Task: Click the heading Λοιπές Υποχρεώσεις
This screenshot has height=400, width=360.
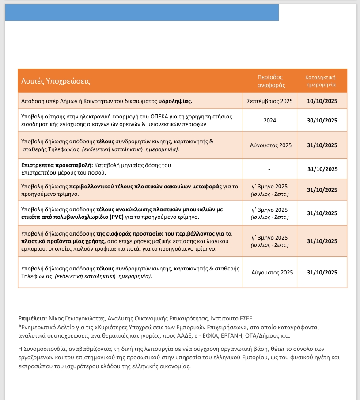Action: tap(56, 81)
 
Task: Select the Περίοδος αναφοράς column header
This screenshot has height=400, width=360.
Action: tap(270, 81)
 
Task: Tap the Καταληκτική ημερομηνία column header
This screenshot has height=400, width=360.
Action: tap(322, 80)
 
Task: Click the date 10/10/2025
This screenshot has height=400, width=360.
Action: tap(322, 101)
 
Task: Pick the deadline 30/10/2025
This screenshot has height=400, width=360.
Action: tap(322, 120)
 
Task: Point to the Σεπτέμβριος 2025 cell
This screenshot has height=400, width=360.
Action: tap(270, 101)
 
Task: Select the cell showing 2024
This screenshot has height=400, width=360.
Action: tap(270, 120)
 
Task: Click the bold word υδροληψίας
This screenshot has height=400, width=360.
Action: tap(175, 101)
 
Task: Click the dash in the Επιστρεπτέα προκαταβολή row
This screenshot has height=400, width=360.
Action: tap(269, 169)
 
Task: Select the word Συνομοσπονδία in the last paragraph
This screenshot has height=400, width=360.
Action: tap(45, 349)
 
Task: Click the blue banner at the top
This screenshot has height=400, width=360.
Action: tap(142, 12)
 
